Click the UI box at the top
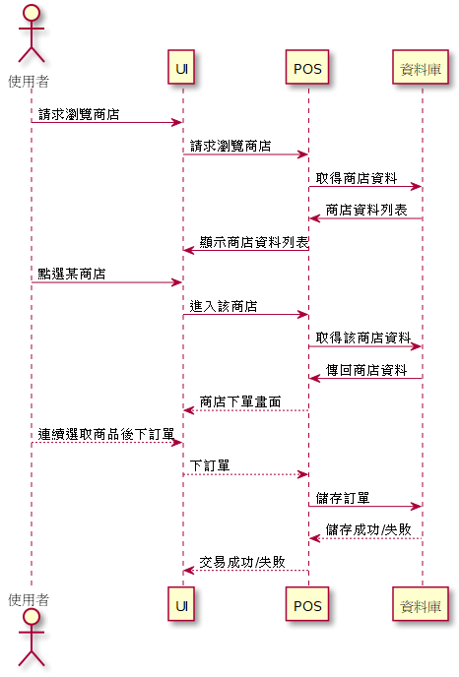[181, 67]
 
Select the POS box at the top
[307, 67]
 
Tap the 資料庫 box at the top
[421, 67]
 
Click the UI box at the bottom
[181, 604]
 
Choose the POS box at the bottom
[307, 604]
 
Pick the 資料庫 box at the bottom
[421, 604]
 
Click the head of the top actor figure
[32, 13]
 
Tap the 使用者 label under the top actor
[29, 81]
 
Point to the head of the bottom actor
[32, 617]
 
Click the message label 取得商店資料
[357, 178]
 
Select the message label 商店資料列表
[366, 210]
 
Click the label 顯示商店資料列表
[254, 242]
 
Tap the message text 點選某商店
[72, 274]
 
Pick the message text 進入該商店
[224, 306]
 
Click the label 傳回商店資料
[366, 370]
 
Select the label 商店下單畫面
[240, 401]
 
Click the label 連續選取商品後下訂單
[106, 434]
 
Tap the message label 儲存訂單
[343, 498]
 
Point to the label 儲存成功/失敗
[368, 529]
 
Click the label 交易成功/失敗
[242, 562]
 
